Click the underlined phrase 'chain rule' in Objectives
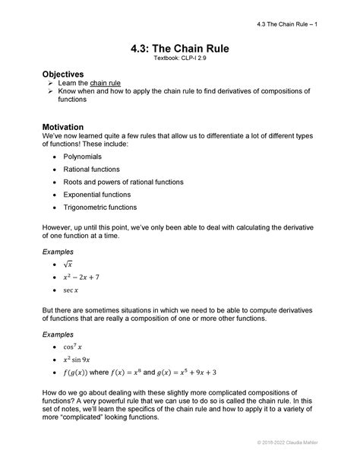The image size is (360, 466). [x=106, y=82]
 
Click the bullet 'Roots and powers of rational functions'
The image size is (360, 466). [x=122, y=182]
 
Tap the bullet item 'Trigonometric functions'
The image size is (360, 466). [x=100, y=207]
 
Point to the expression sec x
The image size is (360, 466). [x=72, y=290]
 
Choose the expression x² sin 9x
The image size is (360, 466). [x=79, y=360]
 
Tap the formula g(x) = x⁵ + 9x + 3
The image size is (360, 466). [x=182, y=372]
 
